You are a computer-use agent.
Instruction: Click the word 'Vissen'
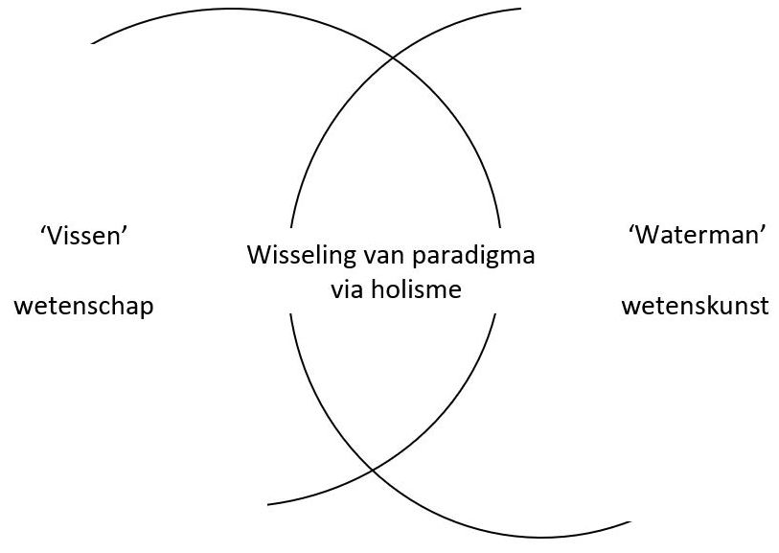84,236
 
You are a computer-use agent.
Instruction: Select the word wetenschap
84,307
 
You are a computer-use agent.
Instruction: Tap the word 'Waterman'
697,236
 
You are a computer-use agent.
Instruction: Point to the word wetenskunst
695,307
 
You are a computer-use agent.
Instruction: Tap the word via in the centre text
348,288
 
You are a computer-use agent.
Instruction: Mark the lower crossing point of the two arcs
372,470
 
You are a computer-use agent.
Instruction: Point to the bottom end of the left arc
268,504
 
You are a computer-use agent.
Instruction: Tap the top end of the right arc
519,10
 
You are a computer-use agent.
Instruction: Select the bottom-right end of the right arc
630,522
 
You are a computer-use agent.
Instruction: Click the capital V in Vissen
54,236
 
